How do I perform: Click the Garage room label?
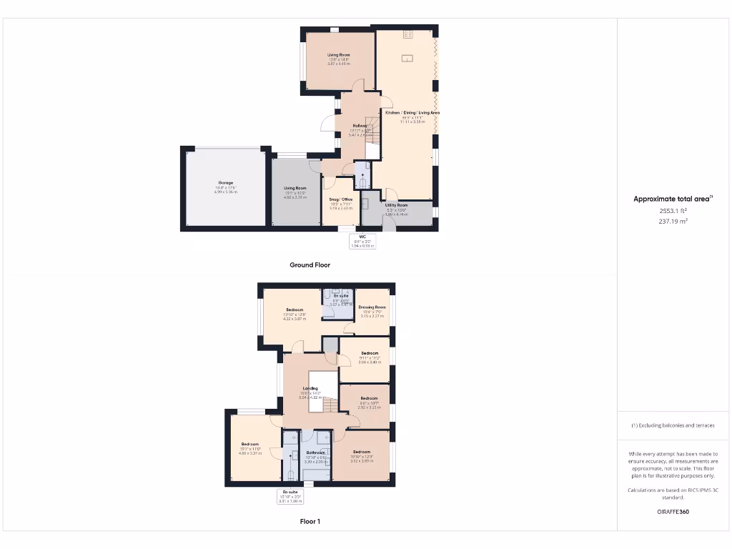[x=226, y=183]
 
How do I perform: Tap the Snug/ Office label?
[x=341, y=199]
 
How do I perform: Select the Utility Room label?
[x=397, y=204]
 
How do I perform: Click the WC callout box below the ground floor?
[x=362, y=241]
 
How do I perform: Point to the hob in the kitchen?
[x=408, y=34]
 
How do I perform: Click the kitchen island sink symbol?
[x=408, y=59]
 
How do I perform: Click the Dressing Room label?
[x=372, y=307]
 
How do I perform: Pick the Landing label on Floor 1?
[x=310, y=388]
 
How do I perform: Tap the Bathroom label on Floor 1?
[x=315, y=452]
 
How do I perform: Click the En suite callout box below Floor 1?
[x=290, y=496]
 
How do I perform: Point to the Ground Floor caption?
[x=310, y=264]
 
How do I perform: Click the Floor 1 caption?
[x=310, y=521]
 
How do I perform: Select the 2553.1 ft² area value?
[x=672, y=211]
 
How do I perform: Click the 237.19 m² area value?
[x=672, y=222]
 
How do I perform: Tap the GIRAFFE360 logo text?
[x=672, y=512]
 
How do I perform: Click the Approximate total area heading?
[x=672, y=199]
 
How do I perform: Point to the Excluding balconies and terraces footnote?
[x=672, y=425]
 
